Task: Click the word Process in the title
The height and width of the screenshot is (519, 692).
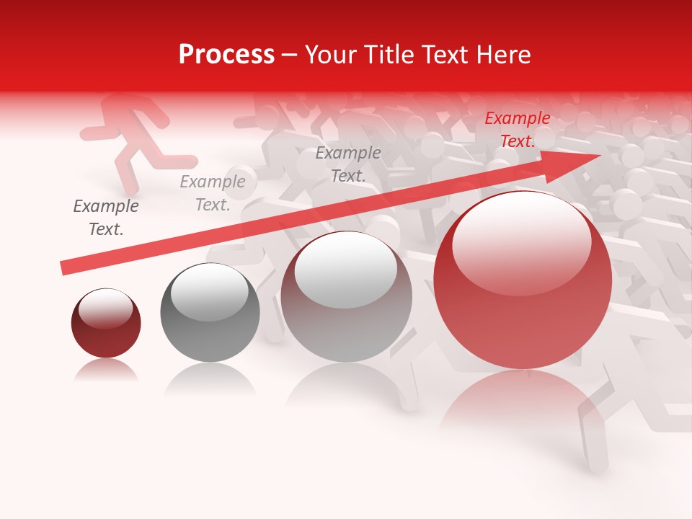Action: tap(226, 55)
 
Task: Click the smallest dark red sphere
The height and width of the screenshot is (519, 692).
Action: tap(106, 324)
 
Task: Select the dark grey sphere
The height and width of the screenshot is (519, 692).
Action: tap(210, 314)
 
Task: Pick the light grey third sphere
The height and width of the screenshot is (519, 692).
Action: tap(346, 297)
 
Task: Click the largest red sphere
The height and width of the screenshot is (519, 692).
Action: tap(523, 281)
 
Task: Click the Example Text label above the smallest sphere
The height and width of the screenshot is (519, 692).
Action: tap(106, 218)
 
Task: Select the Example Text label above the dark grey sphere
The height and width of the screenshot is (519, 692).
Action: tap(213, 193)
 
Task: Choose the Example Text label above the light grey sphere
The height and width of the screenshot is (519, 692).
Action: tap(348, 164)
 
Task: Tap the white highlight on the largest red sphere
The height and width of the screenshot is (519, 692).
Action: tap(521, 241)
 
